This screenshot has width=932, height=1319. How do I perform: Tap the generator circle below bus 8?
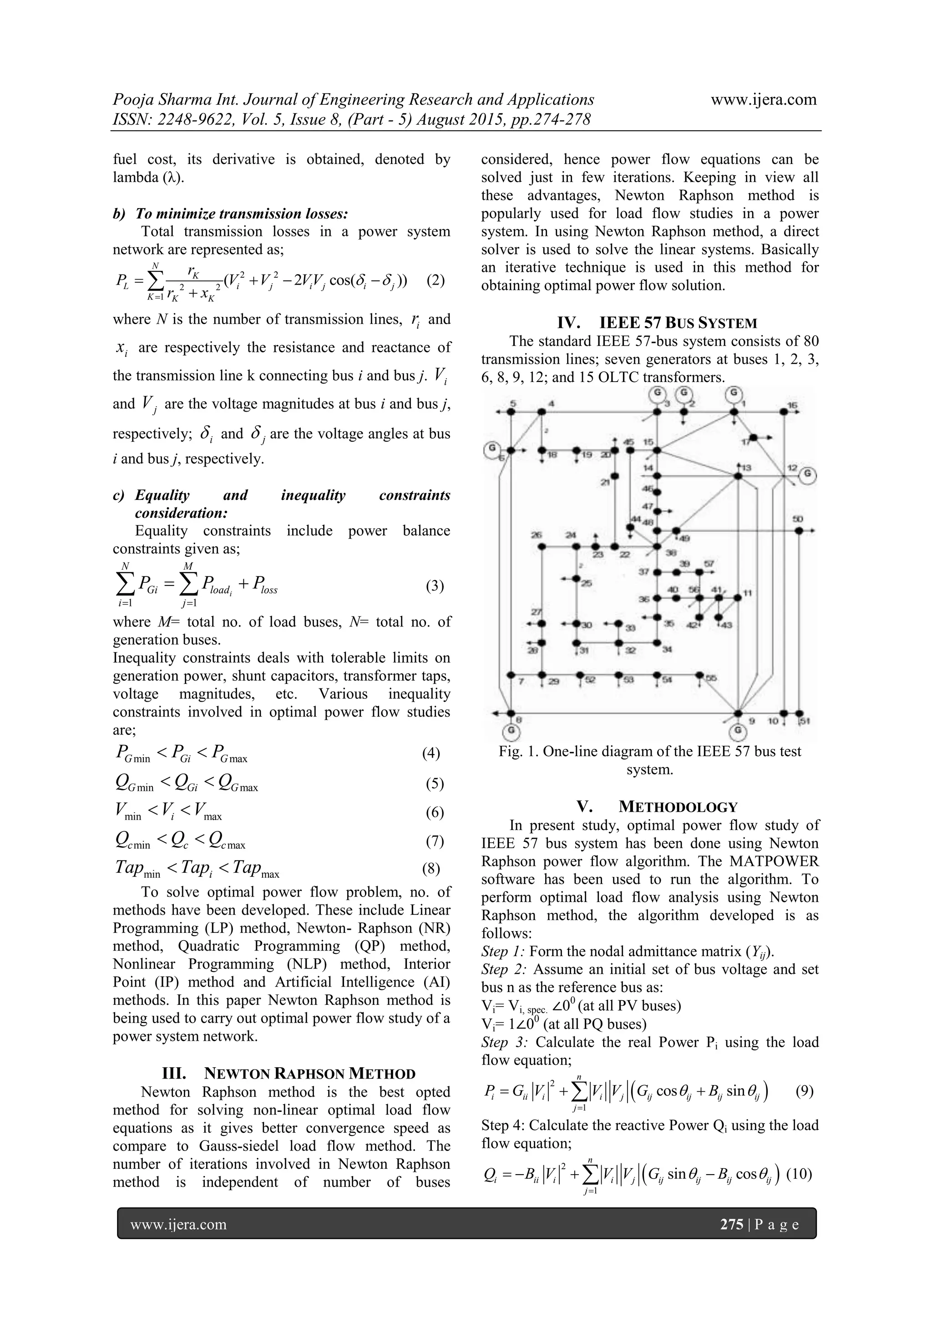[511, 731]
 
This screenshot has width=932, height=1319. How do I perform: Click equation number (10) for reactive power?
[799, 1174]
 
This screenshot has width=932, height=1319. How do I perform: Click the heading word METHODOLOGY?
[678, 807]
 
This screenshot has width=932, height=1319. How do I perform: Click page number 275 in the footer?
[732, 1224]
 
